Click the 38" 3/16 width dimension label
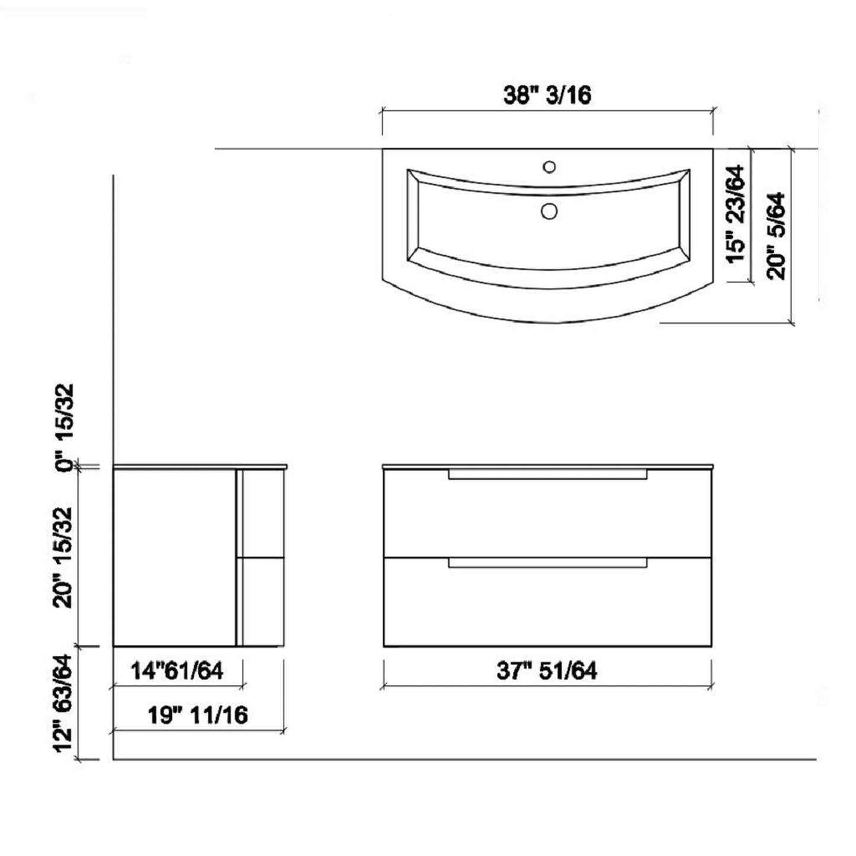(547, 95)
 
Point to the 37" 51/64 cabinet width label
(547, 671)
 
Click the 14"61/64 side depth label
(177, 671)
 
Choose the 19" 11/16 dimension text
(197, 715)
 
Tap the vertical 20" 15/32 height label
(64, 557)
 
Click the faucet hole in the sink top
(549, 167)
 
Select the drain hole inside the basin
(549, 210)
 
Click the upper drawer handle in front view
(547, 474)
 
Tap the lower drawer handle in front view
(547, 563)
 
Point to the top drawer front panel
(547, 515)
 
